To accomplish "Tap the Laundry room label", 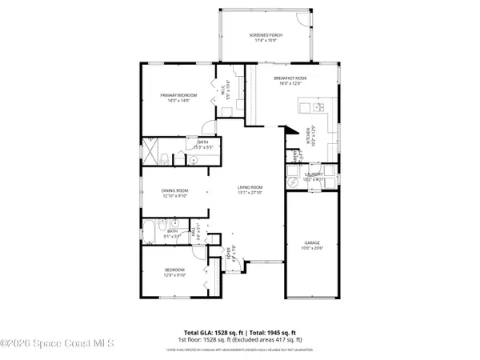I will tap(313, 176).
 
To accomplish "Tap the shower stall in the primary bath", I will tap(150, 150).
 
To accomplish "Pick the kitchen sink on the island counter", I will tap(318, 106).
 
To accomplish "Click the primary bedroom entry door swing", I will tap(207, 126).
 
